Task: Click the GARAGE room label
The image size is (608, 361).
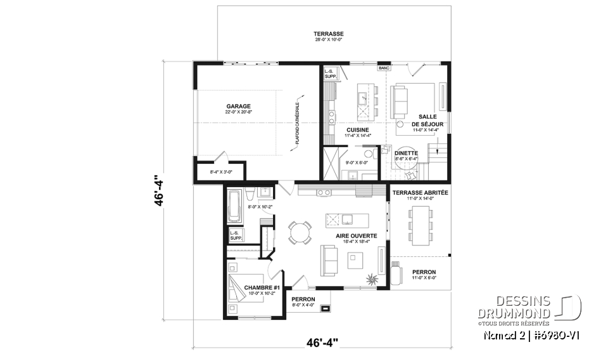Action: [238, 106]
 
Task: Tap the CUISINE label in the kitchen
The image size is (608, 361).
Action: [357, 129]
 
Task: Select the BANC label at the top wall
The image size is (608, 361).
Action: [383, 67]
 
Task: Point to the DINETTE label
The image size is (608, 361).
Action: [405, 152]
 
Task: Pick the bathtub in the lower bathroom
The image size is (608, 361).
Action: [234, 206]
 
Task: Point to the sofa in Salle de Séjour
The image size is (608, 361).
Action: [400, 100]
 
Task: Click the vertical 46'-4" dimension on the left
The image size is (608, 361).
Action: [163, 189]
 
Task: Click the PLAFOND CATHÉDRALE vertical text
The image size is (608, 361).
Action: [296, 124]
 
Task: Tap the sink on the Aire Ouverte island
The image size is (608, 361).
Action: [348, 220]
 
